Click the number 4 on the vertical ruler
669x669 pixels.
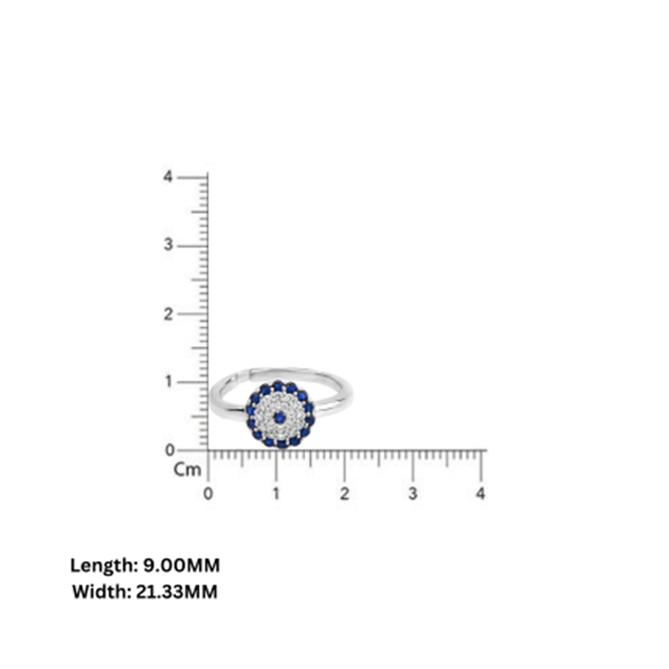(168, 177)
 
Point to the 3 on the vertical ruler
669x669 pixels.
(168, 245)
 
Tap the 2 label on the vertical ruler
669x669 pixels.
(168, 314)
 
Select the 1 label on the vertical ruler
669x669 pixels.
(169, 382)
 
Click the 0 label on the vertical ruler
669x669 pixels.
(169, 451)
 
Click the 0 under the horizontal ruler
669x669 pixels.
(208, 494)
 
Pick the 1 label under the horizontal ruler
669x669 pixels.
(276, 494)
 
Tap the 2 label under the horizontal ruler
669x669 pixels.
(344, 494)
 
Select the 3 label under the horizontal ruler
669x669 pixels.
(412, 494)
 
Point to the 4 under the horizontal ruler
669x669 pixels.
(480, 494)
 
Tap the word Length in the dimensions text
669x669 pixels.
(102, 566)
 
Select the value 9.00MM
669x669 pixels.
(181, 566)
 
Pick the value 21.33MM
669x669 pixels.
(177, 592)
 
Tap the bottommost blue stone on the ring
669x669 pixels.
(282, 444)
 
